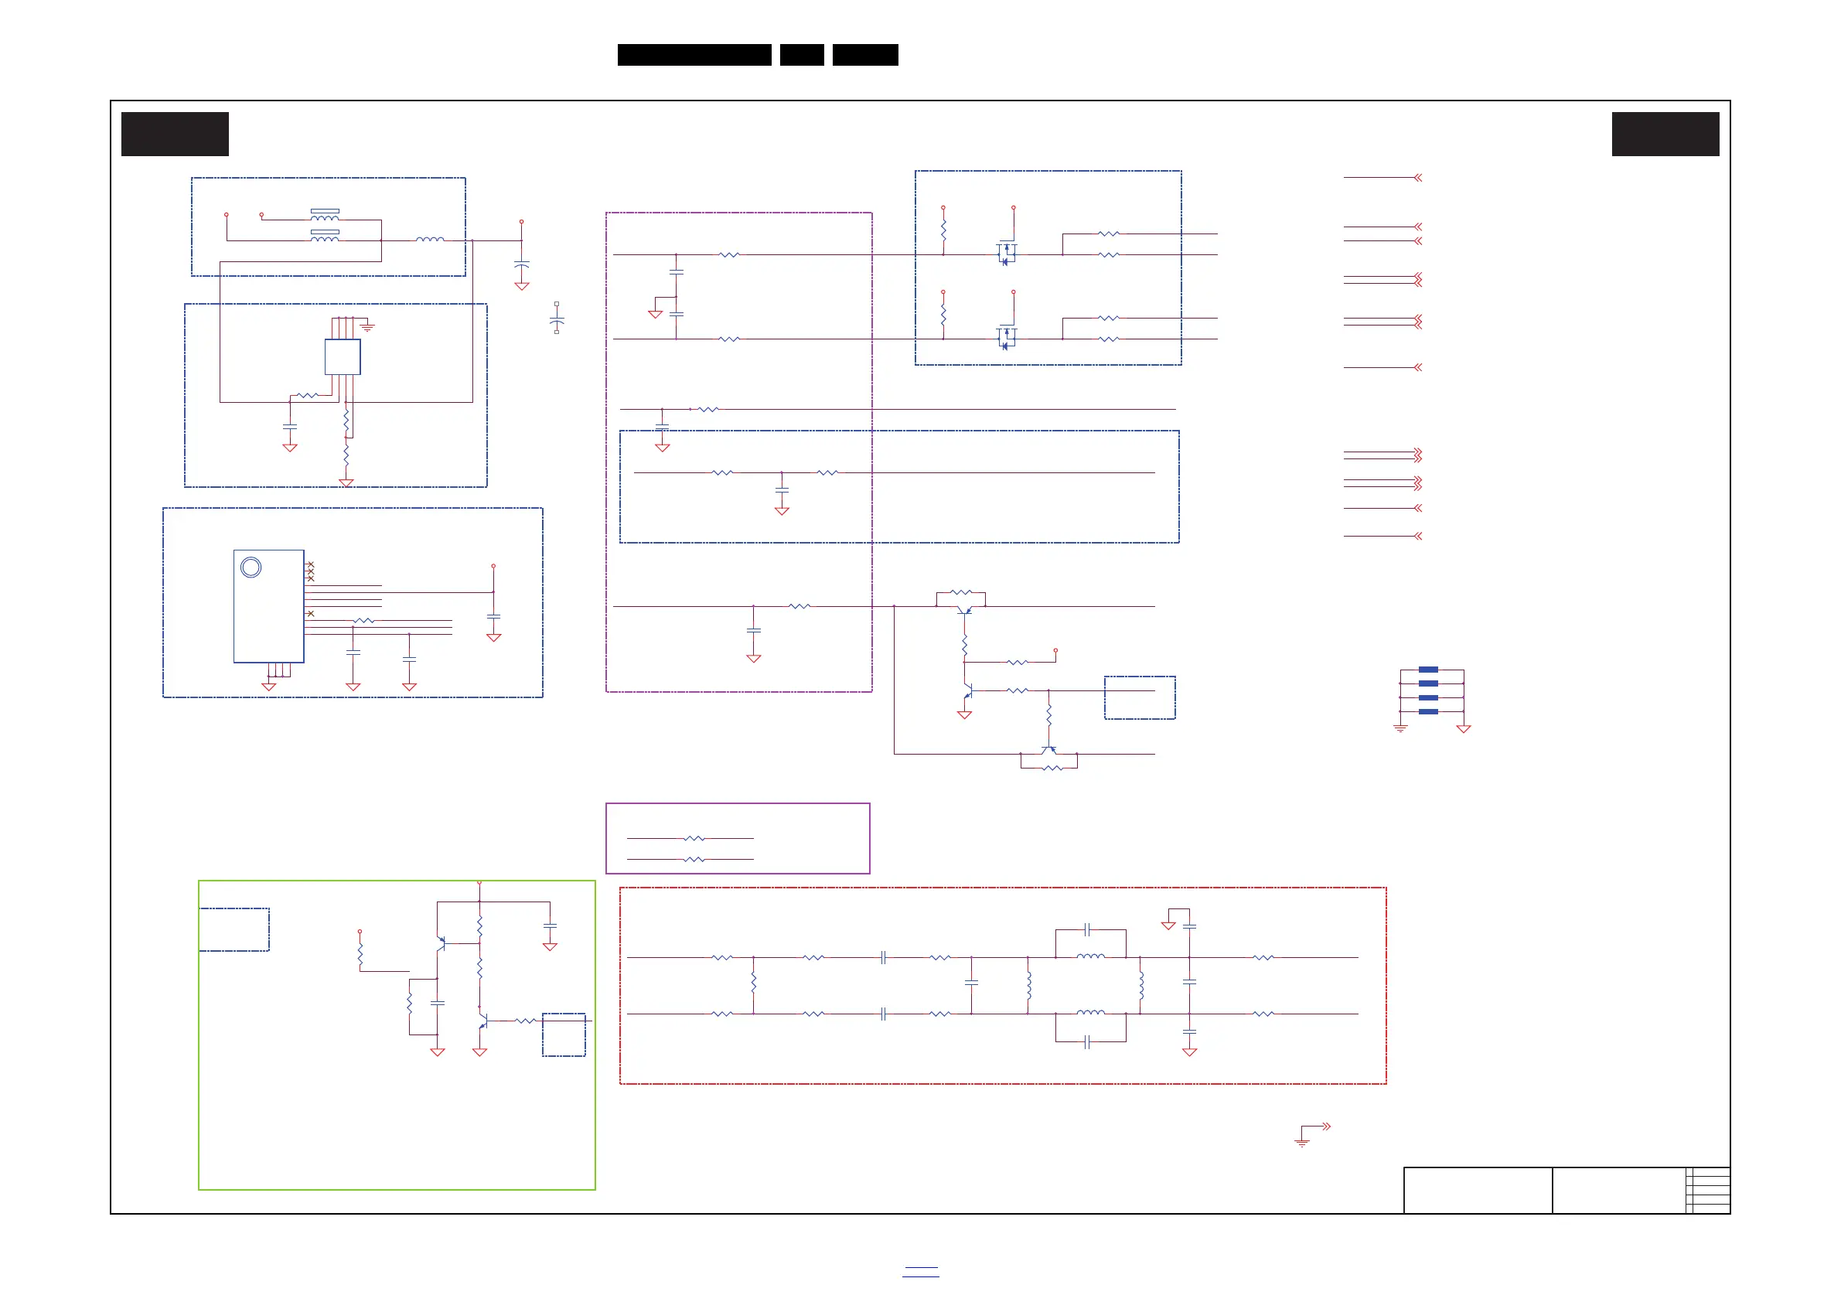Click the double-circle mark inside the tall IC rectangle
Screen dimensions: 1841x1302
pyautogui.click(x=251, y=567)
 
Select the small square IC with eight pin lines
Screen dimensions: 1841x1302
pyautogui.click(x=343, y=356)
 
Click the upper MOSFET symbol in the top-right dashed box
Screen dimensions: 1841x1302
pyautogui.click(x=1006, y=254)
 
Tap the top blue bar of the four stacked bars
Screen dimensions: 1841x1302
pyautogui.click(x=1428, y=670)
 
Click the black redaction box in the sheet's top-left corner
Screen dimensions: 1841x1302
pyautogui.click(x=175, y=134)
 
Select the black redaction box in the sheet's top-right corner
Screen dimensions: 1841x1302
pyautogui.click(x=1665, y=134)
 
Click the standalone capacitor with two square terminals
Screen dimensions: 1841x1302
pyautogui.click(x=557, y=319)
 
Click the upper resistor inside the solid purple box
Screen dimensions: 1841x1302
pyautogui.click(x=694, y=839)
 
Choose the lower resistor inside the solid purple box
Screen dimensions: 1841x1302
pyautogui.click(x=694, y=860)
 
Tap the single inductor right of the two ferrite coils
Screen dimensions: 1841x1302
pyautogui.click(x=430, y=240)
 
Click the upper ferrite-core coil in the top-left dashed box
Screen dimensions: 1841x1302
pyautogui.click(x=325, y=216)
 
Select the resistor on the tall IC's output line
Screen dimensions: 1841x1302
pyautogui.click(x=364, y=621)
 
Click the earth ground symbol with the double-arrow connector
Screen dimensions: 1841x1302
pyautogui.click(x=1303, y=1141)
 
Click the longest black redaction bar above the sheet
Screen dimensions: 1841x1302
pyautogui.click(x=694, y=55)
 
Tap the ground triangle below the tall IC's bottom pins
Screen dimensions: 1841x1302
pyautogui.click(x=268, y=687)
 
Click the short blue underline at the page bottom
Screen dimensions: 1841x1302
pyautogui.click(x=920, y=1272)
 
